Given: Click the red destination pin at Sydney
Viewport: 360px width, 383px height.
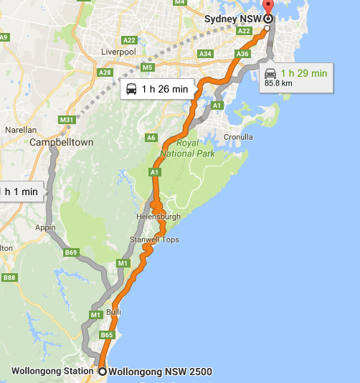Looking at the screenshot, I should pyautogui.click(x=268, y=15).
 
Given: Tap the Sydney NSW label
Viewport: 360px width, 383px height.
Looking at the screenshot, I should pyautogui.click(x=233, y=18).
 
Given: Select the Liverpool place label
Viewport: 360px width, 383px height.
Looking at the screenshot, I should pyautogui.click(x=118, y=52).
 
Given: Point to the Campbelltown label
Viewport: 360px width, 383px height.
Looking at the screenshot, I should pyautogui.click(x=62, y=142).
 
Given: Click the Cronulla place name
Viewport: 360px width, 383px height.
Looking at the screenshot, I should pyautogui.click(x=238, y=136).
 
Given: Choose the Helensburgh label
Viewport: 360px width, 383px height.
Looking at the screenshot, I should pyautogui.click(x=158, y=216).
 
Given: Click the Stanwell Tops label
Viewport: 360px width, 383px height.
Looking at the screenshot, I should pyautogui.click(x=154, y=239).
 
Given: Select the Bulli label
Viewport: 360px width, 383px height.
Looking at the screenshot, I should pyautogui.click(x=113, y=312).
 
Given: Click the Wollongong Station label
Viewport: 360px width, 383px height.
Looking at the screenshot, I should pyautogui.click(x=52, y=371).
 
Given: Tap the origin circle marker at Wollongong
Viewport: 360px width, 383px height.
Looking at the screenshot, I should pyautogui.click(x=102, y=371).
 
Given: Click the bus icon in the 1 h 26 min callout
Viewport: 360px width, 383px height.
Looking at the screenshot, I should pyautogui.click(x=131, y=89).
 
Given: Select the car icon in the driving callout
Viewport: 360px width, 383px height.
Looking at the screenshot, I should pyautogui.click(x=270, y=73).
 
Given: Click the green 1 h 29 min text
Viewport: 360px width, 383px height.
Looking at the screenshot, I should pyautogui.click(x=303, y=73).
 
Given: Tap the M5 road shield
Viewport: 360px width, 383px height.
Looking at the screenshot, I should pyautogui.click(x=148, y=68).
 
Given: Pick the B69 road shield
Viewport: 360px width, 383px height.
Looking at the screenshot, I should pyautogui.click(x=70, y=252).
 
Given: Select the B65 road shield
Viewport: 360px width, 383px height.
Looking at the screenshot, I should pyautogui.click(x=107, y=334).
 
